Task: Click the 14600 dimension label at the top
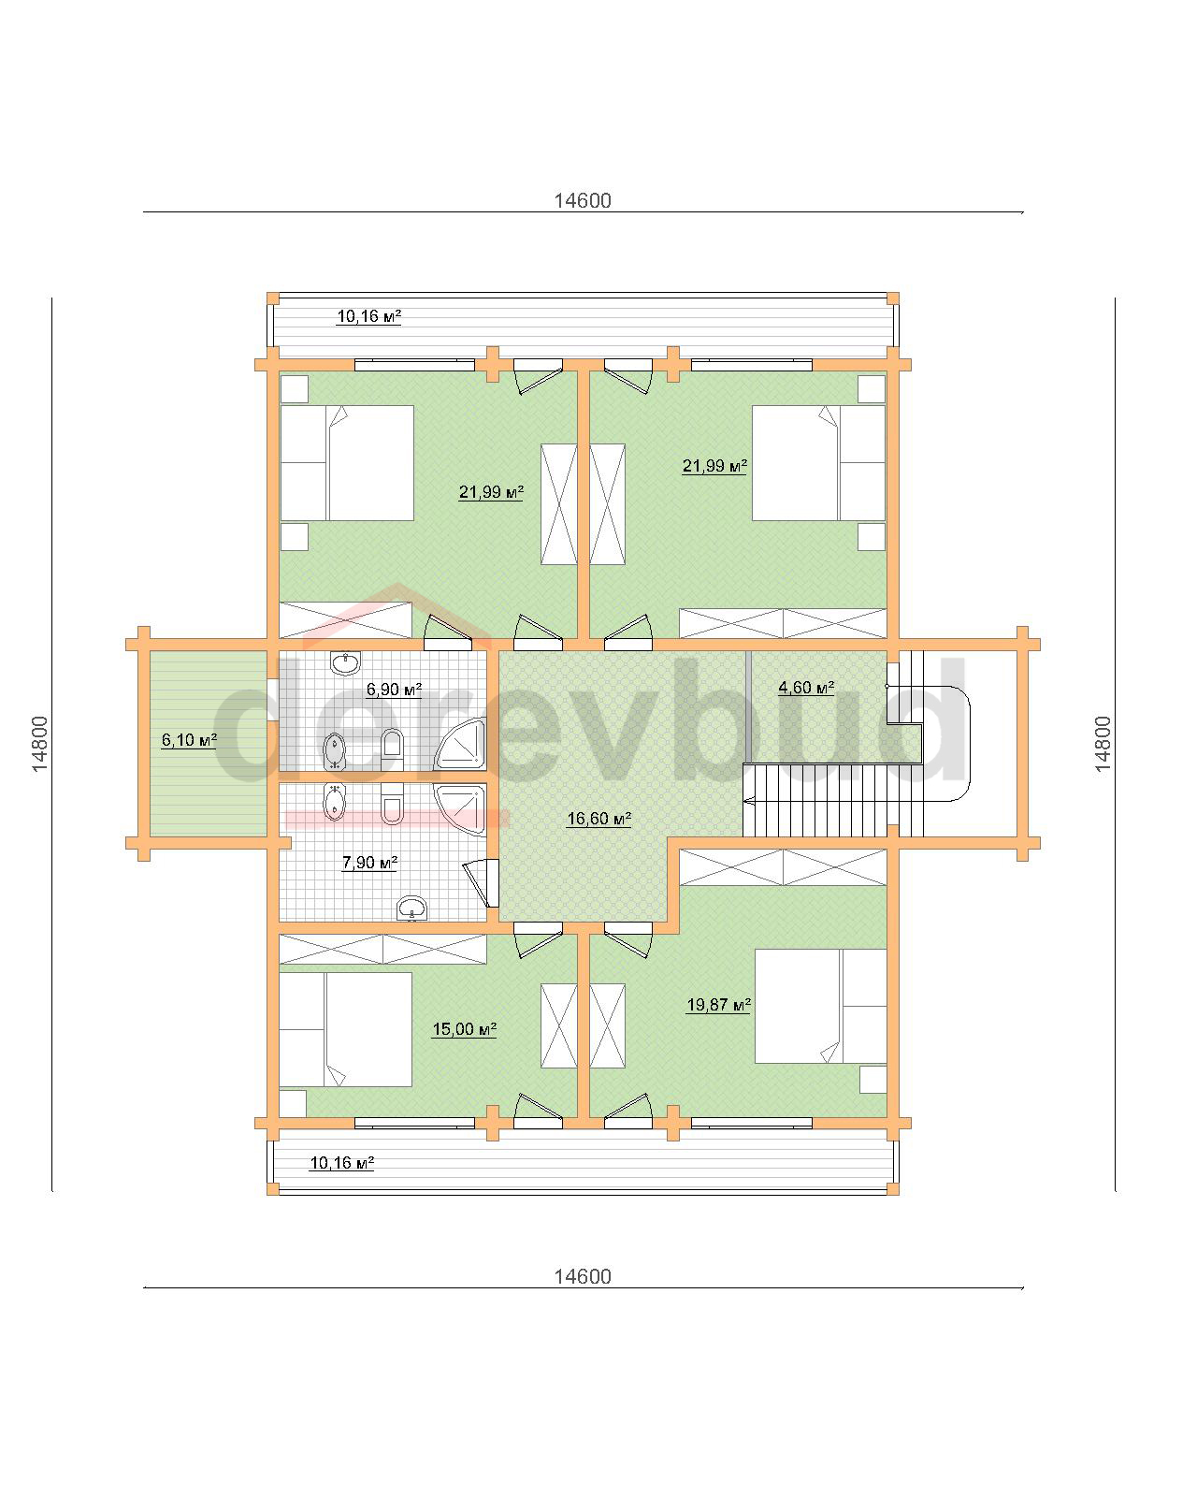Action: point(583,200)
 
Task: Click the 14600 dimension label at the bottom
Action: point(583,1276)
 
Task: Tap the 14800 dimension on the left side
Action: point(39,744)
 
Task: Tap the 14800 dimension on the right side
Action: point(1103,744)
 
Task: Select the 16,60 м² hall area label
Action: point(598,818)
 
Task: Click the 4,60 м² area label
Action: point(806,688)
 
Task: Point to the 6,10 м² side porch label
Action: point(189,739)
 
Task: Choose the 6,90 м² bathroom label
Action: point(394,690)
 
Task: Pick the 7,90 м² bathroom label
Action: point(369,863)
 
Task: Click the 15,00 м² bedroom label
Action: point(464,1029)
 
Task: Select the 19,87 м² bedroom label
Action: point(718,1005)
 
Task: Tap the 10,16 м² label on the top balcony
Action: point(368,316)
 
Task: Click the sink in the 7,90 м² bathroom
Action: point(412,908)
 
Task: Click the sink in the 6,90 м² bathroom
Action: point(345,663)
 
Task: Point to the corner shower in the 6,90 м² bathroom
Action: point(459,745)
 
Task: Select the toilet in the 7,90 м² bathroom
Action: point(392,804)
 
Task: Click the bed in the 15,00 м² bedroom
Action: point(345,1029)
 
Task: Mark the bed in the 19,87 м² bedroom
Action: point(821,1006)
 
